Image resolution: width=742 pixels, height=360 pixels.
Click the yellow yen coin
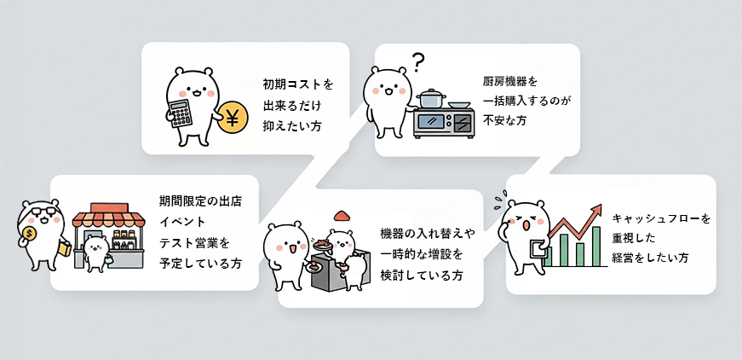[230, 119]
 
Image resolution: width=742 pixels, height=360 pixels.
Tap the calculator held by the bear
[181, 113]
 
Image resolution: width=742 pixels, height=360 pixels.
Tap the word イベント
[182, 222]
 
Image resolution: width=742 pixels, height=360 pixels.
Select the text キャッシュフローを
[661, 218]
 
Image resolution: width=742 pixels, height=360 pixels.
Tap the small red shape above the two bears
[342, 215]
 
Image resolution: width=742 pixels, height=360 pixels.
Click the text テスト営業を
[195, 242]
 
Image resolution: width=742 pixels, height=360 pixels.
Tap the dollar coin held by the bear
[30, 234]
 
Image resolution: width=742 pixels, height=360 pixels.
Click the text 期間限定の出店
[200, 201]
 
